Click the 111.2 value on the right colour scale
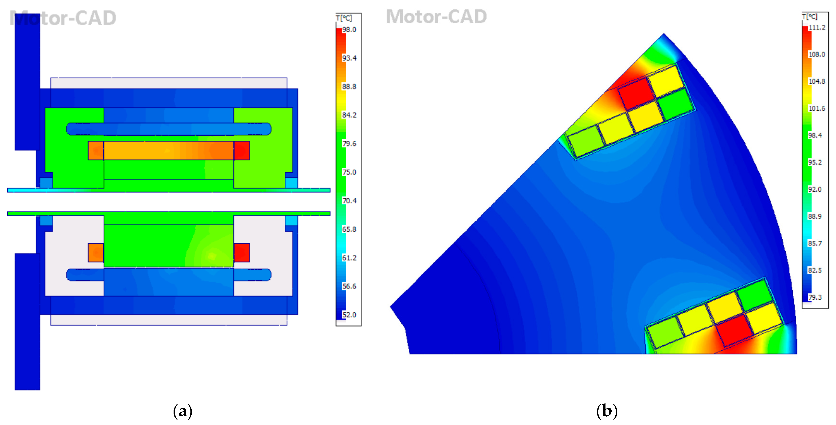[817, 28]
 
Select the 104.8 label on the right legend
[817, 81]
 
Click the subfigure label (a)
[183, 411]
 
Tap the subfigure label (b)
[607, 411]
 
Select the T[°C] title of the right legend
[810, 16]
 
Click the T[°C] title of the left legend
[344, 18]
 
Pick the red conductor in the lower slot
[734, 330]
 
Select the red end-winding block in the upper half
[242, 150]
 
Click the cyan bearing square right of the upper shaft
[291, 183]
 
